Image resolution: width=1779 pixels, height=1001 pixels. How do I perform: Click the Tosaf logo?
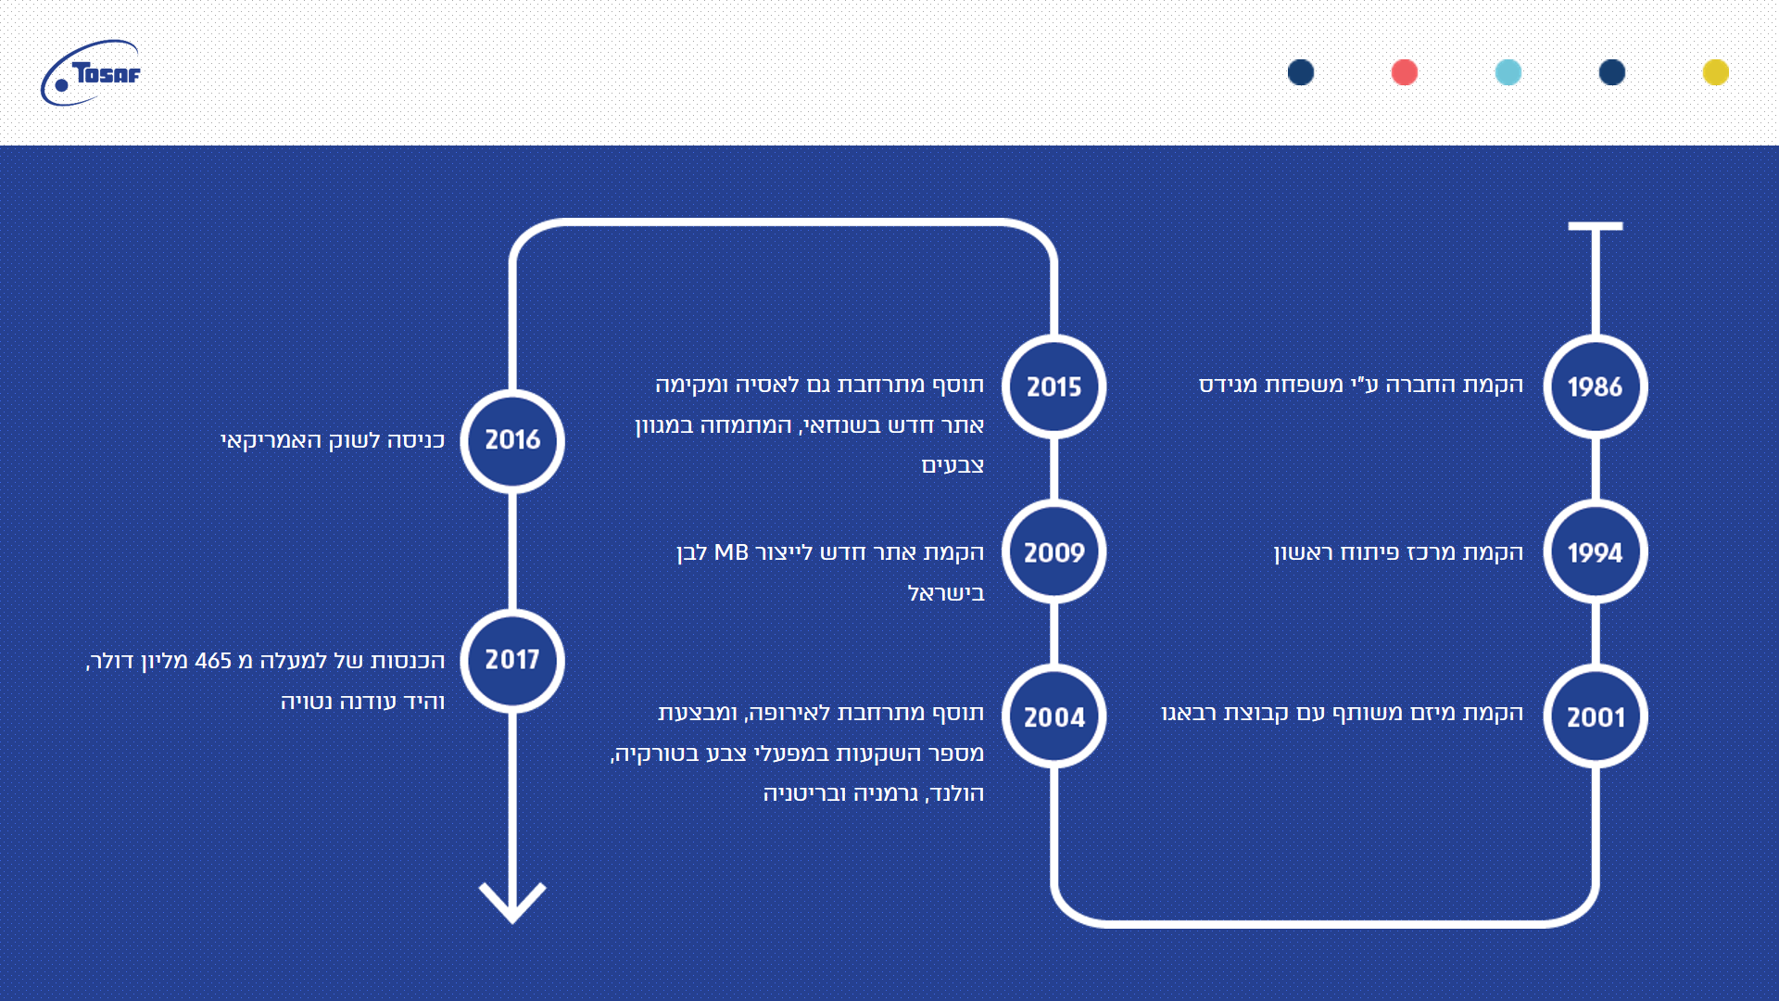tap(91, 72)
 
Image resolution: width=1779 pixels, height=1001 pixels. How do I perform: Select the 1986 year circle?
tap(1595, 386)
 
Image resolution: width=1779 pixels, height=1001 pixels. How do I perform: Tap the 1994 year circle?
tap(1595, 552)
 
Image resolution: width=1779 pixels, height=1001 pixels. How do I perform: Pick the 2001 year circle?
tap(1595, 716)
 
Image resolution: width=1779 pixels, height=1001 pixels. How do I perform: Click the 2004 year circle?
tap(1054, 716)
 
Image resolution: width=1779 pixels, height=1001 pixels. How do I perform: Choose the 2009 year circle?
tap(1054, 552)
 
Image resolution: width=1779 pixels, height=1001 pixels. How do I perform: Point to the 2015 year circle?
tap(1054, 386)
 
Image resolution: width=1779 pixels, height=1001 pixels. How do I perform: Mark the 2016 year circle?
tap(512, 440)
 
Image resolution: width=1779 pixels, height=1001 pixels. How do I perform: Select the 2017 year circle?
tap(512, 660)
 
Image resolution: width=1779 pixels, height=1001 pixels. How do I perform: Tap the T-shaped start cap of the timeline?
tap(1595, 226)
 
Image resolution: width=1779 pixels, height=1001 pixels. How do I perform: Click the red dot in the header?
tap(1404, 72)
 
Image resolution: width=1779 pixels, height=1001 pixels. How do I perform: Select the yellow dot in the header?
tap(1715, 72)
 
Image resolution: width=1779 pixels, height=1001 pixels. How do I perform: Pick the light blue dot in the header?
tap(1508, 72)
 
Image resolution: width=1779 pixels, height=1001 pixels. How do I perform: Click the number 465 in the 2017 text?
tap(213, 661)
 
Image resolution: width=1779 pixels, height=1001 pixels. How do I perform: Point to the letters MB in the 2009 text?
tap(731, 552)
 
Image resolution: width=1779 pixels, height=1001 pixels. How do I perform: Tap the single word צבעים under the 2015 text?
tap(953, 465)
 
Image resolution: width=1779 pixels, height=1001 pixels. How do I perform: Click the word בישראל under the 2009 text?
tap(946, 593)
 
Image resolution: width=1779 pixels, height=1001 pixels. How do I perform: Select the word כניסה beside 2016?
tap(416, 440)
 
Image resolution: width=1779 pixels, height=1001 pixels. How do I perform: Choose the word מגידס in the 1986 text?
tap(1226, 385)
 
